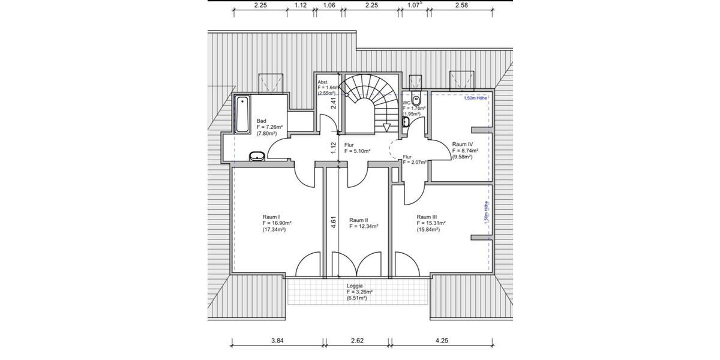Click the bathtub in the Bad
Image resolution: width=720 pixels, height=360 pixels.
click(242, 114)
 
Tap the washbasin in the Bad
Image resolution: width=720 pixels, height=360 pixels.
click(257, 157)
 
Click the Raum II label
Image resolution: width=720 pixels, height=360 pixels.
click(358, 220)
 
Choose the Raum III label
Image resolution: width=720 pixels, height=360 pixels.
click(427, 217)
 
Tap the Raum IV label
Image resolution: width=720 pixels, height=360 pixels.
click(463, 145)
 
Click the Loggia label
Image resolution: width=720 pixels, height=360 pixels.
click(355, 286)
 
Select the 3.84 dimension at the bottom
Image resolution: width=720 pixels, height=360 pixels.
click(277, 341)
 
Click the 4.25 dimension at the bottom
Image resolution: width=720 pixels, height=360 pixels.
click(441, 341)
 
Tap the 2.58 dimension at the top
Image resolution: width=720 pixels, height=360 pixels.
click(461, 5)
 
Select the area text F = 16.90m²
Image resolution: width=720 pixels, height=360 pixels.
click(274, 223)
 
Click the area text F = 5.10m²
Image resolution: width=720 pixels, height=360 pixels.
click(358, 151)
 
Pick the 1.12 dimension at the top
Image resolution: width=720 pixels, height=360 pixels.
click(301, 5)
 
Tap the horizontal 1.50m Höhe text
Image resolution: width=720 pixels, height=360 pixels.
click(475, 98)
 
